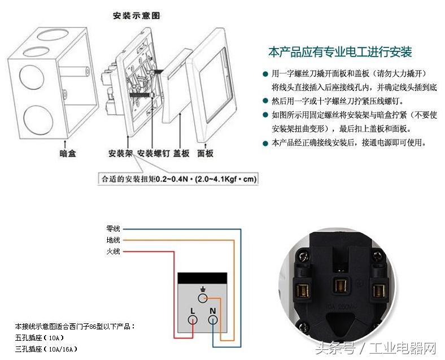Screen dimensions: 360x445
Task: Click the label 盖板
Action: click(181, 153)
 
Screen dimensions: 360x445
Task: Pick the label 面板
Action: click(205, 153)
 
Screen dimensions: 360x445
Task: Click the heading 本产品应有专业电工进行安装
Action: click(341, 53)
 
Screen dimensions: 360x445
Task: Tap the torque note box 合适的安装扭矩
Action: click(178, 179)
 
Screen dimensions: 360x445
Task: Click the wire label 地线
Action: click(113, 240)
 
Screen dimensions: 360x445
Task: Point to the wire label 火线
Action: click(113, 251)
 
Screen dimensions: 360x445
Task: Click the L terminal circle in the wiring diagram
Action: click(193, 320)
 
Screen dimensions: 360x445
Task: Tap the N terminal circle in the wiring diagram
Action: click(212, 320)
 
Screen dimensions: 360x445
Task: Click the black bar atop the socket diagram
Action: click(202, 277)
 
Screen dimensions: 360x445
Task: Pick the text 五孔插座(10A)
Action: click(40, 338)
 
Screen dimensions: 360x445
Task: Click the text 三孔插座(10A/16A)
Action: click(46, 349)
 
